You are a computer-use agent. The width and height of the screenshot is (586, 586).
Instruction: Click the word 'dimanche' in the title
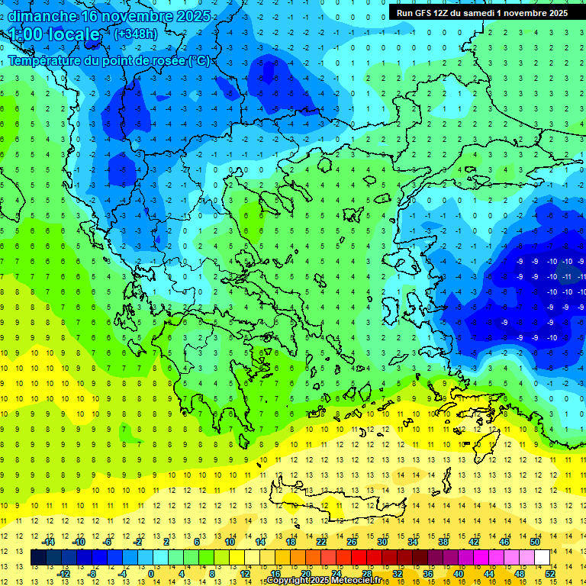[42, 16]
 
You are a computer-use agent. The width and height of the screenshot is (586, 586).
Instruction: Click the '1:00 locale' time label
[55, 34]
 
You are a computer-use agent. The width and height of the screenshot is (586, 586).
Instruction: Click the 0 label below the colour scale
[151, 574]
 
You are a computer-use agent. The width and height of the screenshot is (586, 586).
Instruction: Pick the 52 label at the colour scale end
[551, 574]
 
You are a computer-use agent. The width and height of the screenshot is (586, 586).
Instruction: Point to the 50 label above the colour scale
[535, 542]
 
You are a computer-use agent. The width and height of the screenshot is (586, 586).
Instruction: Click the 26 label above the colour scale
[352, 542]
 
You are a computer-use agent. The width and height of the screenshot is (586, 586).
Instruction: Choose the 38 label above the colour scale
[443, 542]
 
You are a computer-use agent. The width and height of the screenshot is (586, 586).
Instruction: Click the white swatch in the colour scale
[542, 558]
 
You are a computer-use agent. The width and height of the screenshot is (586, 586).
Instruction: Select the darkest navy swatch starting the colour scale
[39, 558]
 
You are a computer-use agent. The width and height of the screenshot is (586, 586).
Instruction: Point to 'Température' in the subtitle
[49, 60]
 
